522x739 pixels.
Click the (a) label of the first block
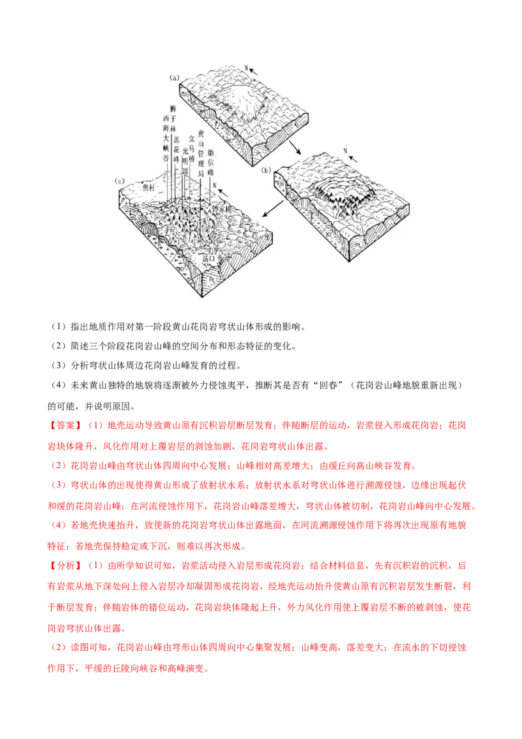[x=174, y=77]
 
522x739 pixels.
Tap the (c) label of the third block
[x=119, y=180]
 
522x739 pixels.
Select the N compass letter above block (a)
[x=246, y=67]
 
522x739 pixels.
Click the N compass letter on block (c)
[x=213, y=185]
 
